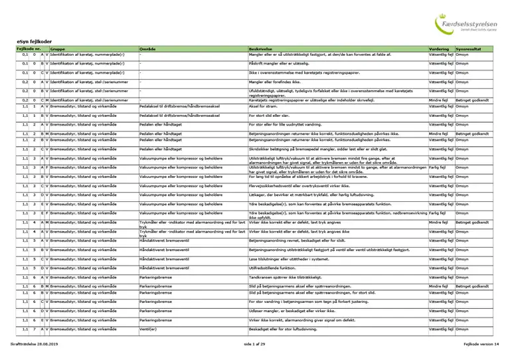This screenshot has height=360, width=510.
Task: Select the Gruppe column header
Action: pyautogui.click(x=57, y=49)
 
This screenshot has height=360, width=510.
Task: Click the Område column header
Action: pyautogui.click(x=148, y=49)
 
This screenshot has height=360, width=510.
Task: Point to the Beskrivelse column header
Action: pyautogui.click(x=261, y=49)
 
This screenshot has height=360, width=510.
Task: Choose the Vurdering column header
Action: pyautogui.click(x=440, y=49)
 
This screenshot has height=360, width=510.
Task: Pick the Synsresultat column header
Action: pyautogui.click(x=469, y=49)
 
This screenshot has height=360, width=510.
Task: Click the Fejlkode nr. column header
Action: pyautogui.click(x=29, y=49)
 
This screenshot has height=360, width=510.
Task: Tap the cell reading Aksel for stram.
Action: pyautogui.click(x=262, y=106)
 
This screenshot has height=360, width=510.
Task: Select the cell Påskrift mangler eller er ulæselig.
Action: pyautogui.click(x=280, y=63)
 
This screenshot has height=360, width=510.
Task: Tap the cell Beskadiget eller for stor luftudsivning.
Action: pyautogui.click(x=286, y=329)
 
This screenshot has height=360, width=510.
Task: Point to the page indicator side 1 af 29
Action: pyautogui.click(x=254, y=344)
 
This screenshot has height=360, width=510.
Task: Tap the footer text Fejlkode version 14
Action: pyautogui.click(x=481, y=344)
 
